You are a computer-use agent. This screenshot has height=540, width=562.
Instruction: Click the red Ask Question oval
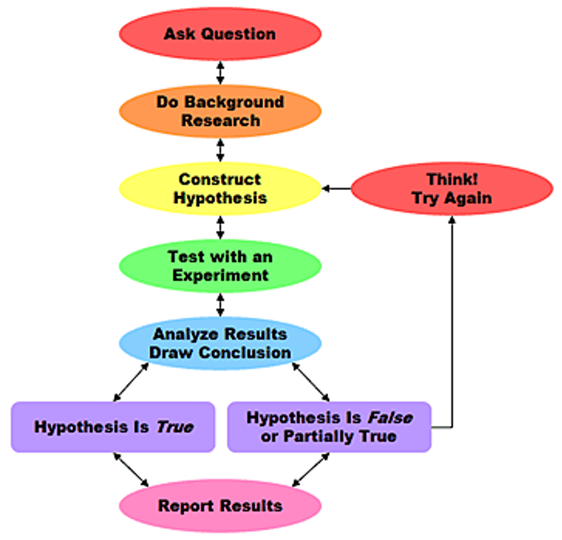(x=220, y=34)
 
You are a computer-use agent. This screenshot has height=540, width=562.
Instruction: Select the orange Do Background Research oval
(x=220, y=111)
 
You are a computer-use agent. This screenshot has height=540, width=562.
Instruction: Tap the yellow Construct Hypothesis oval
(x=220, y=189)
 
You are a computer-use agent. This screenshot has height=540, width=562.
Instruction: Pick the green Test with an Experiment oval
(x=220, y=266)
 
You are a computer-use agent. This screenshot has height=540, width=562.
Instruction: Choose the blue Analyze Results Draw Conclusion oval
(x=220, y=343)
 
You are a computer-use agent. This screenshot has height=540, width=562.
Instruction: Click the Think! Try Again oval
(x=452, y=189)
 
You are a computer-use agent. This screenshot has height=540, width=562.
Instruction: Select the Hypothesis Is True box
(x=113, y=427)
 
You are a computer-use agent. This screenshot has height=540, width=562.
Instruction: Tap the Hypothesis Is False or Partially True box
(x=329, y=427)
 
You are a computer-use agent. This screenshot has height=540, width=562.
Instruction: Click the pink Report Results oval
(x=220, y=506)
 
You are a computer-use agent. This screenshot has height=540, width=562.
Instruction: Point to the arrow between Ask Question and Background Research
(x=220, y=72)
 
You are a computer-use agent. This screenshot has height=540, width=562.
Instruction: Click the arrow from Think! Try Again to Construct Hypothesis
(x=336, y=189)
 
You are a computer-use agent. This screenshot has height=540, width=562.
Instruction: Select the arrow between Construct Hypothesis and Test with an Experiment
(x=220, y=228)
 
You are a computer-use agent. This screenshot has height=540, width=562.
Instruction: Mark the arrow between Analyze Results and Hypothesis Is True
(x=131, y=382)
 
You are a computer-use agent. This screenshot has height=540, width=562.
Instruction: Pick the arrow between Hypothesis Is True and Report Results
(x=131, y=469)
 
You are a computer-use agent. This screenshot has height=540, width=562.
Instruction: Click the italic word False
(x=390, y=418)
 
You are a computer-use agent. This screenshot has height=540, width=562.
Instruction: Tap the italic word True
(x=175, y=427)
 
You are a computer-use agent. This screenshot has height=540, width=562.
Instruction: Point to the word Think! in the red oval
(x=452, y=179)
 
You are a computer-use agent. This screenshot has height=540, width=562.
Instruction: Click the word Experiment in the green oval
(x=220, y=275)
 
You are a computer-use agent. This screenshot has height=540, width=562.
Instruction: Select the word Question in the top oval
(x=238, y=35)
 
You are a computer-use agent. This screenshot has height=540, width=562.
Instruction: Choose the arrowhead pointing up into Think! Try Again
(x=452, y=219)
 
